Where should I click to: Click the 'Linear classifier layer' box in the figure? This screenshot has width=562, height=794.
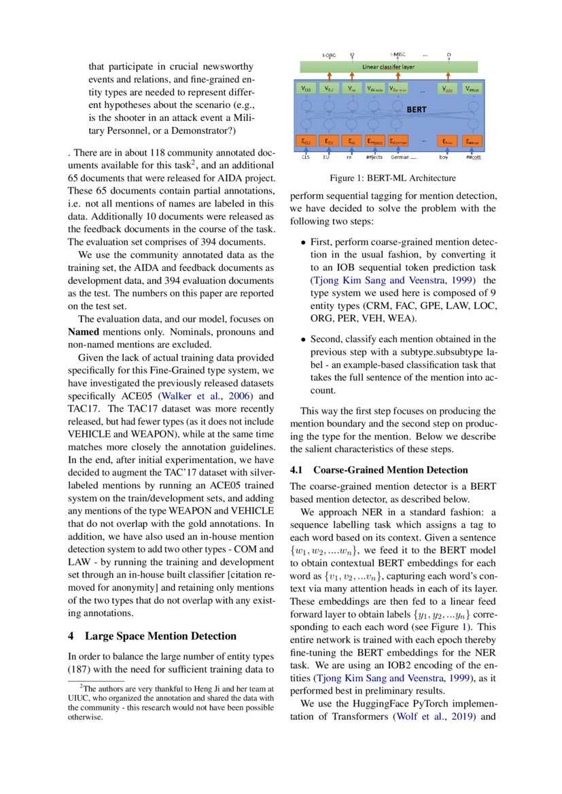point(388,67)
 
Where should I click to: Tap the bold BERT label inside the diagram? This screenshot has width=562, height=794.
point(416,109)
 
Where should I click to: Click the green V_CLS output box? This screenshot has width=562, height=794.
point(306,88)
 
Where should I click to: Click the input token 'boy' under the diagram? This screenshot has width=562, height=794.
point(444,157)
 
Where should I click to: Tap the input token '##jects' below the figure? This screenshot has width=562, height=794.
point(374,157)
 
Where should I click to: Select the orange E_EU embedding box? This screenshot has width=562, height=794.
point(329,141)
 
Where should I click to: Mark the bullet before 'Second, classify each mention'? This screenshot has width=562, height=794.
point(303,339)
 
